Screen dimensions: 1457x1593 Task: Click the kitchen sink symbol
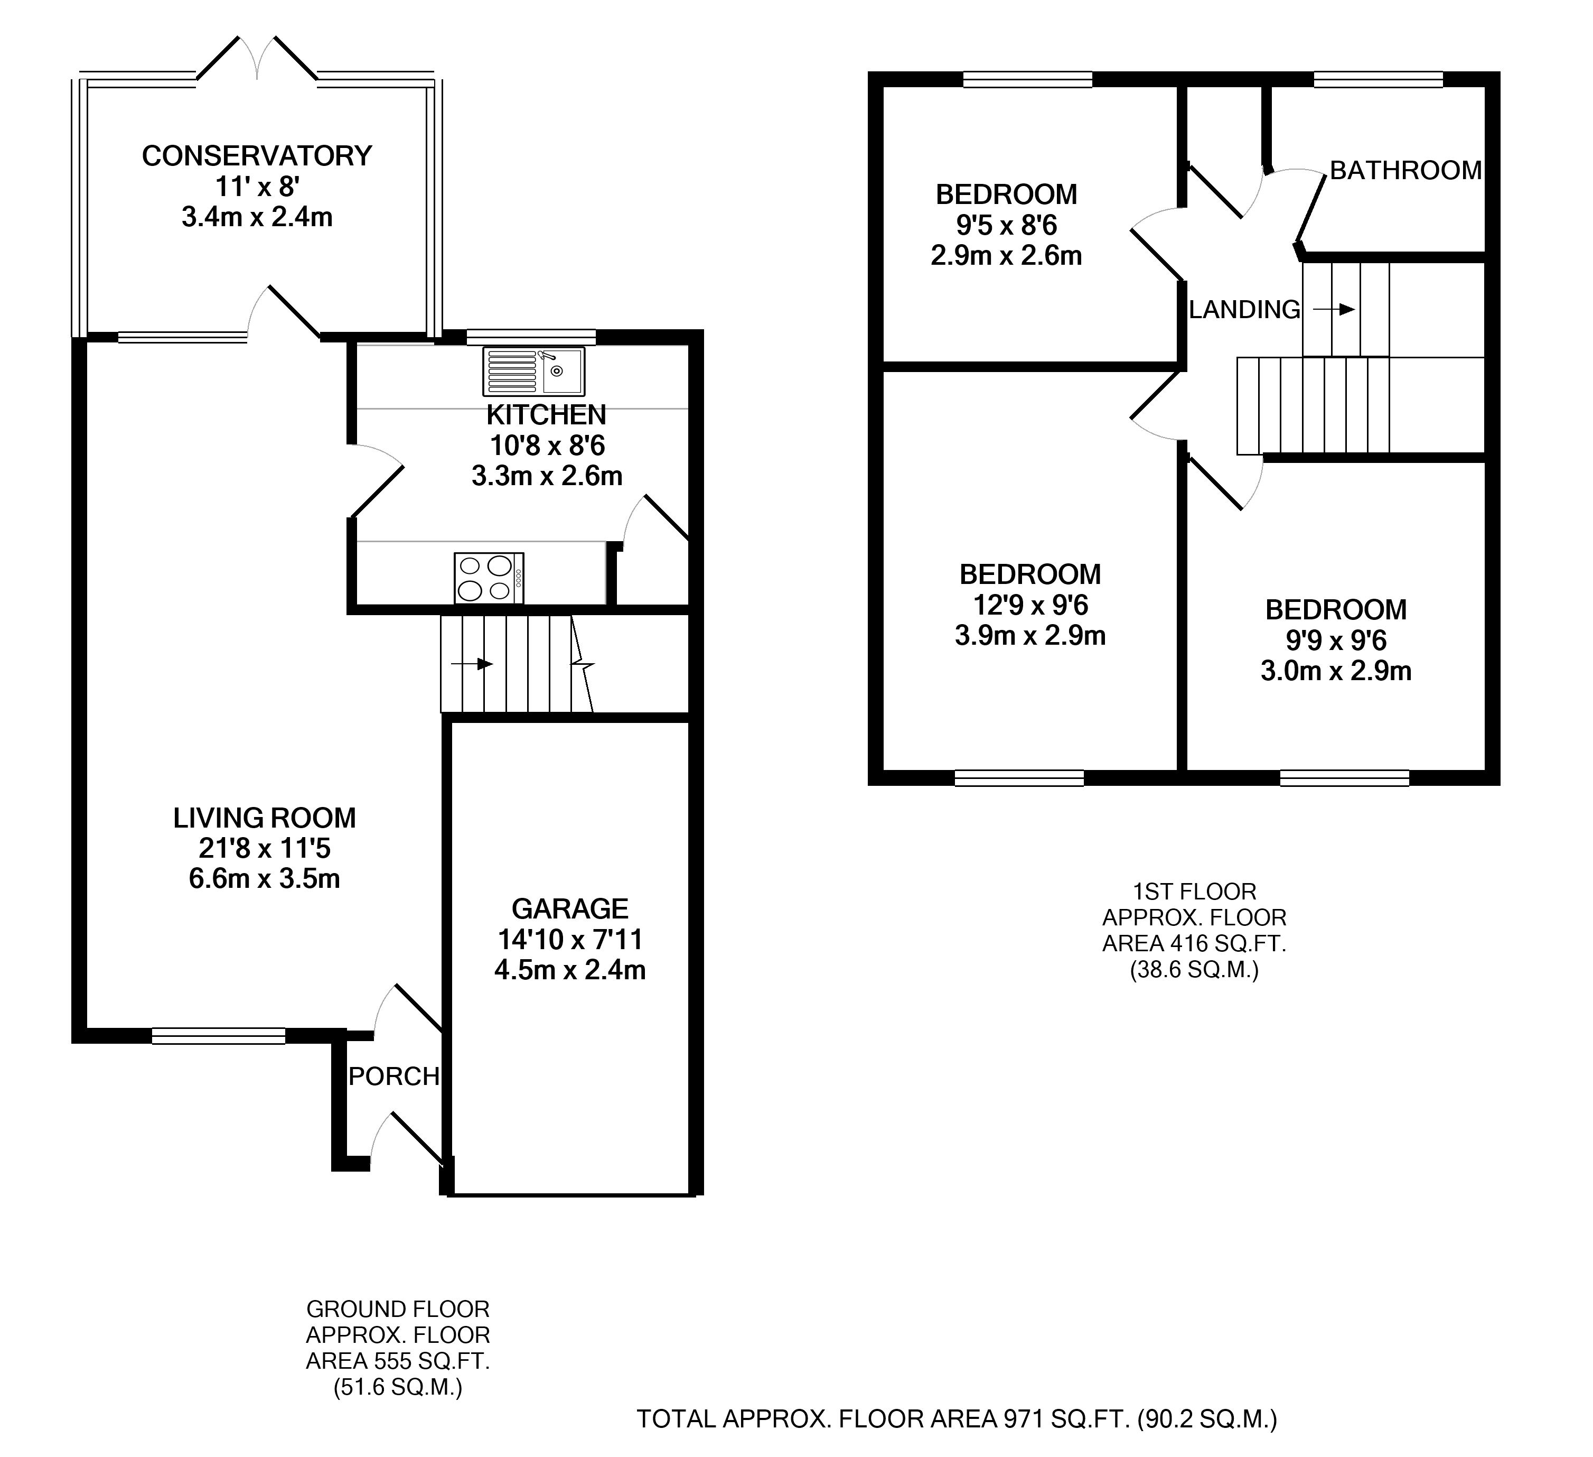[x=534, y=372]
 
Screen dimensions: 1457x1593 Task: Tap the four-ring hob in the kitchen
[x=489, y=578]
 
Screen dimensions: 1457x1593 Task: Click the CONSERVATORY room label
[x=257, y=156]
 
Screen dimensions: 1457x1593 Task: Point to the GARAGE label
[x=570, y=908]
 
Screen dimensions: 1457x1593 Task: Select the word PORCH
[x=393, y=1076]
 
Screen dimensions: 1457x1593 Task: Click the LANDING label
[x=1244, y=309]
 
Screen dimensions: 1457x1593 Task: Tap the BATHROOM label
[x=1405, y=170]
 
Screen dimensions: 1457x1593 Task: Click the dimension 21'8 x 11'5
[x=265, y=848]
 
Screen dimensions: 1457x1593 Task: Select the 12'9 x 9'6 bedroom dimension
[x=1030, y=605]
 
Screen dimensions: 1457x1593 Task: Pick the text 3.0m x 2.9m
[x=1335, y=671]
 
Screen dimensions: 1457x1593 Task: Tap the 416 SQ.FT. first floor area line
[x=1194, y=943]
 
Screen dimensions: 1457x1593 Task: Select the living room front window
[x=218, y=1036]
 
